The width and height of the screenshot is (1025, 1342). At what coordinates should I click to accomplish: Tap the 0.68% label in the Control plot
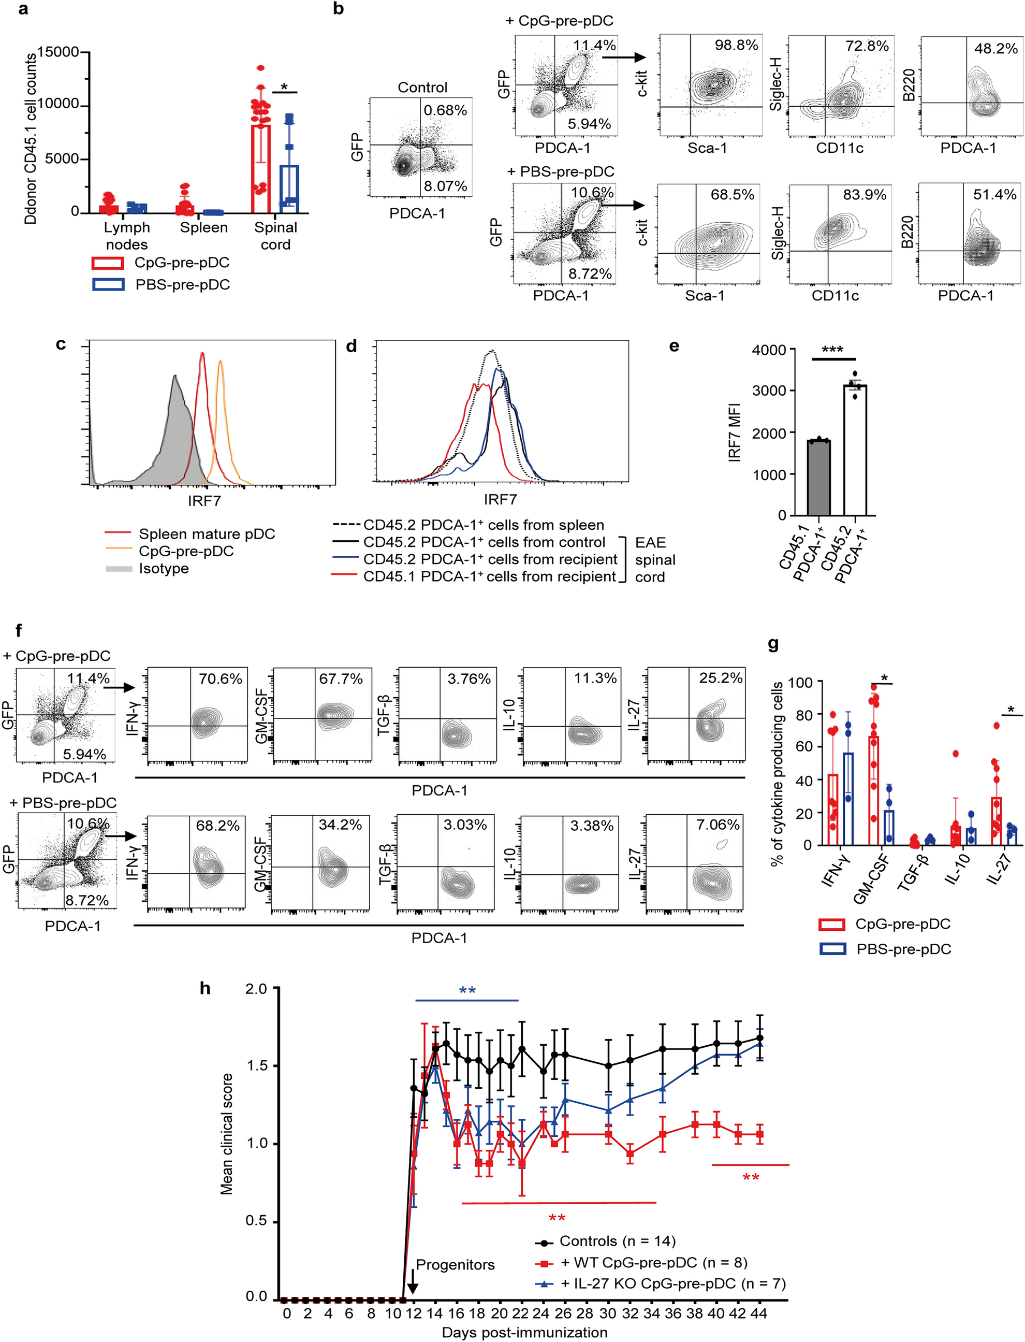pos(445,110)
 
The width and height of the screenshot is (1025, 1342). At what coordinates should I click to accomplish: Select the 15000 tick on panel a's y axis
pos(58,52)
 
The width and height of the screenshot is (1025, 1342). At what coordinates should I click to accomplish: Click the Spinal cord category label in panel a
pos(276,236)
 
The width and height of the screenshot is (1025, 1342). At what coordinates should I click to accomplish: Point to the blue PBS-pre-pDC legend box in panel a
pos(108,284)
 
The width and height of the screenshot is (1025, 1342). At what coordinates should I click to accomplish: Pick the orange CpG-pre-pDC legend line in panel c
pos(119,551)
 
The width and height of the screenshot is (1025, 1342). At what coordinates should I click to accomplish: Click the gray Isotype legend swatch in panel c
pos(119,569)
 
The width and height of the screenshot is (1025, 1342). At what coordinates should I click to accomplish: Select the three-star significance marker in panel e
pos(832,350)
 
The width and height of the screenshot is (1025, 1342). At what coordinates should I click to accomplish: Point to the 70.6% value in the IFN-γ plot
pos(219,679)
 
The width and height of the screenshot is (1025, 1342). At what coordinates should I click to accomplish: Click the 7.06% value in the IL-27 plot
pos(717,825)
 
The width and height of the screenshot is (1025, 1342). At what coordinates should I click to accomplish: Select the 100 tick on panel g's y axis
pos(800,682)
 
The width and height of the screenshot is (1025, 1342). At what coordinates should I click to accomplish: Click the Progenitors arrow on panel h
pos(413,1286)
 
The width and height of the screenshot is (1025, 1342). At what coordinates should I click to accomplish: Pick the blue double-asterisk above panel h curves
pos(467,991)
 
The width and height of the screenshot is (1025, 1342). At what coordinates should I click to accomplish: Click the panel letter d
pos(351,346)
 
